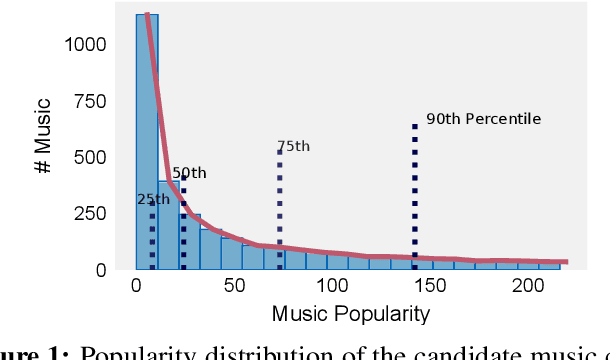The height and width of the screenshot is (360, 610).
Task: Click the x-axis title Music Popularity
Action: pyautogui.click(x=351, y=314)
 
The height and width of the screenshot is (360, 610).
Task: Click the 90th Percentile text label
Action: pyautogui.click(x=483, y=119)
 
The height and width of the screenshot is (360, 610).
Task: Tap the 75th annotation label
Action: pyautogui.click(x=293, y=146)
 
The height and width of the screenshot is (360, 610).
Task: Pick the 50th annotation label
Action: pyautogui.click(x=189, y=173)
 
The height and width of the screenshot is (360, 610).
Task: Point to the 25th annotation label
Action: pyautogui.click(x=153, y=199)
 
